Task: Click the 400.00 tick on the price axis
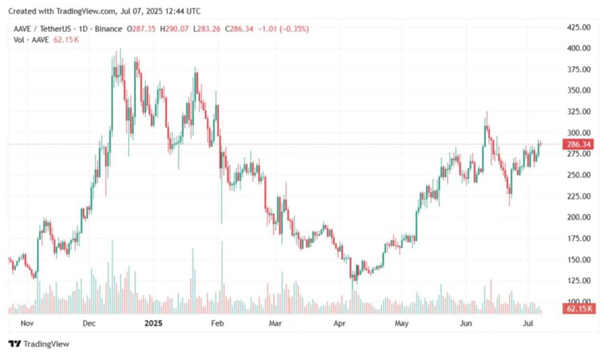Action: pos(578,48)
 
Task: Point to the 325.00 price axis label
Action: pos(578,112)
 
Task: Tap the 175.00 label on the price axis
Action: pos(578,239)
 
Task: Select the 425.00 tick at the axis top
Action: pos(578,27)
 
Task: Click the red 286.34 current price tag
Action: pos(577,144)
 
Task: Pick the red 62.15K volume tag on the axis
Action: pos(577,309)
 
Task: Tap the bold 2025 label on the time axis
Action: pos(154,324)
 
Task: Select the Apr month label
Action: pos(339,324)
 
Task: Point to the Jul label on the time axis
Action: pos(528,324)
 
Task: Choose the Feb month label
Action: pos(217,324)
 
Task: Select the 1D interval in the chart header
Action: pos(79,29)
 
